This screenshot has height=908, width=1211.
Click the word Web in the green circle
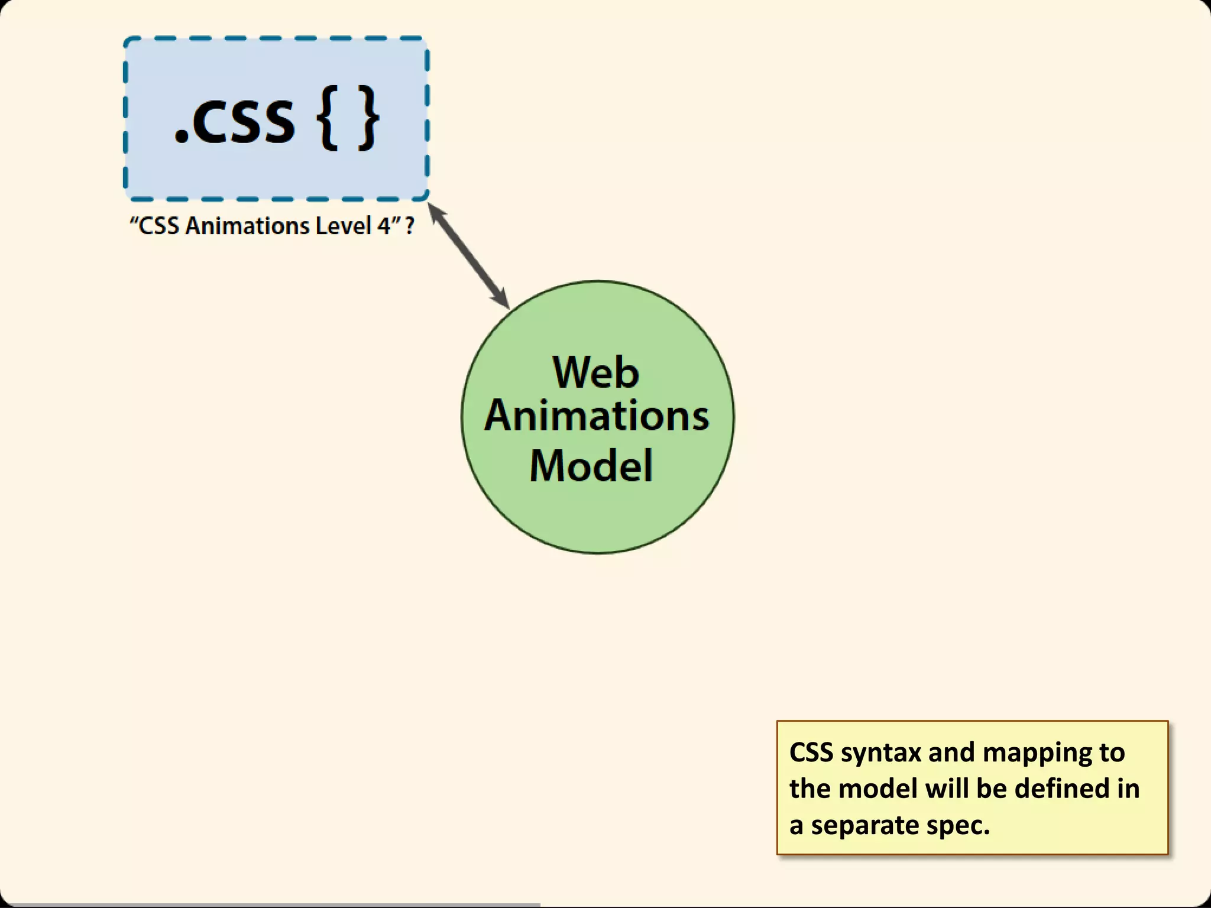click(x=595, y=372)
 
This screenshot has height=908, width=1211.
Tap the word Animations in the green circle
click(x=597, y=416)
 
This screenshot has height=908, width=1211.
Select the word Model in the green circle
click(x=591, y=466)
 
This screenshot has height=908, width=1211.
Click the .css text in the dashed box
click(x=235, y=121)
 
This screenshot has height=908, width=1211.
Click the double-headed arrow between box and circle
click(x=468, y=255)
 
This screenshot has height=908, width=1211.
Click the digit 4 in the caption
click(x=384, y=226)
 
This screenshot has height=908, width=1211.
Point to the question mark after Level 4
click(x=410, y=226)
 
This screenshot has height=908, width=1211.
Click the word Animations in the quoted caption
click(x=247, y=226)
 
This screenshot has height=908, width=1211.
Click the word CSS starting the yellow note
click(x=811, y=753)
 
